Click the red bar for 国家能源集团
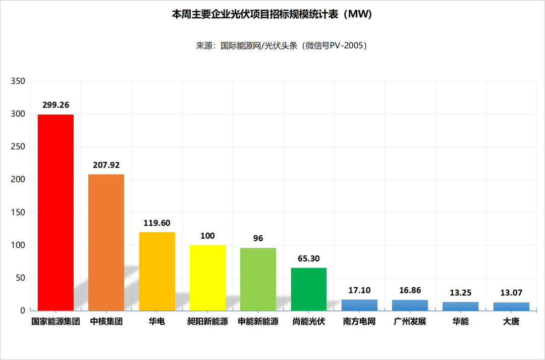pyautogui.click(x=56, y=212)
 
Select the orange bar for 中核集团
pyautogui.click(x=106, y=242)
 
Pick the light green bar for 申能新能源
pyautogui.click(x=258, y=280)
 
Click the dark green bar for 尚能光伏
pyautogui.click(x=308, y=289)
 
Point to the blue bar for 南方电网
pyautogui.click(x=359, y=305)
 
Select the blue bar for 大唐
pyautogui.click(x=511, y=306)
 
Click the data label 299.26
pyautogui.click(x=56, y=105)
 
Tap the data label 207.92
pyautogui.click(x=106, y=165)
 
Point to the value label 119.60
pyautogui.click(x=157, y=223)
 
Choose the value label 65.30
pyautogui.click(x=308, y=259)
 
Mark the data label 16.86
pyautogui.click(x=410, y=290)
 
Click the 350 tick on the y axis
pyautogui.click(x=18, y=81)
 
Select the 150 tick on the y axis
pyautogui.click(x=18, y=213)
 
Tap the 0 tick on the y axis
pyautogui.click(x=22, y=311)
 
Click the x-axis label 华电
pyautogui.click(x=157, y=321)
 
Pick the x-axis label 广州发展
pyautogui.click(x=410, y=321)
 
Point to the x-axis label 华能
pyautogui.click(x=460, y=321)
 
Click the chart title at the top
pyautogui.click(x=272, y=14)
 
